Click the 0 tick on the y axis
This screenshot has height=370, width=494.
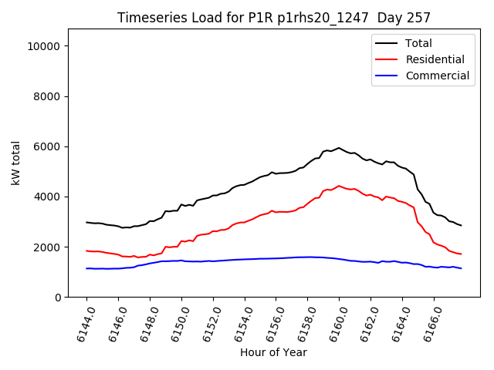pyautogui.click(x=58, y=297)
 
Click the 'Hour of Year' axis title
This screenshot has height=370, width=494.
pyautogui.click(x=273, y=352)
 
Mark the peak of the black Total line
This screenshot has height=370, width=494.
pyautogui.click(x=338, y=147)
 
